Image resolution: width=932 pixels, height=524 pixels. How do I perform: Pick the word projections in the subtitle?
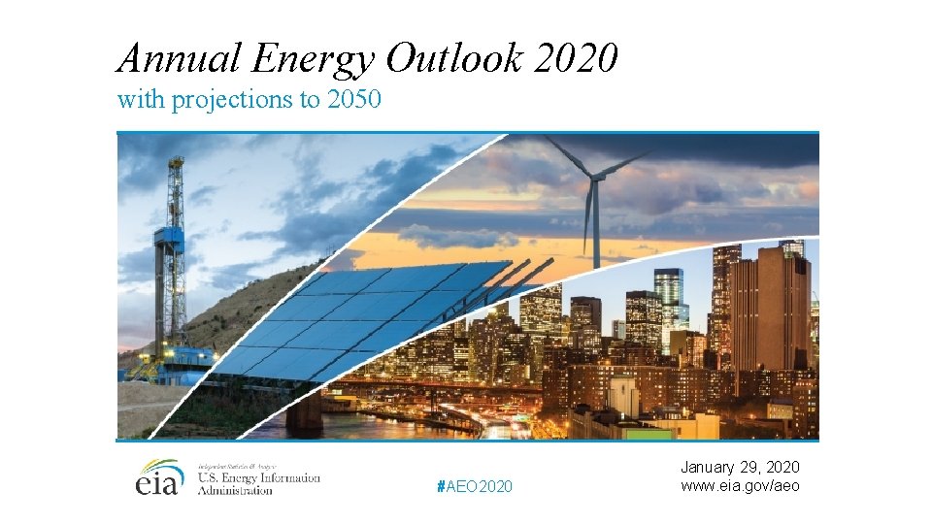[233, 100]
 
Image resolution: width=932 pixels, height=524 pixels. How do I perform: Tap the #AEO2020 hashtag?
[476, 485]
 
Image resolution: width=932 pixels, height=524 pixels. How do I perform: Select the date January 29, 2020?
[741, 468]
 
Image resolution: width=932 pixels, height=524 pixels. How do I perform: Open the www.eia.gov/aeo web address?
[741, 485]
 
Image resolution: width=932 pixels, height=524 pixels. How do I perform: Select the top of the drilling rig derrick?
[175, 165]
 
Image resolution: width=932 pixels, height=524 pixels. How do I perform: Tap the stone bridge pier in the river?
[304, 412]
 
